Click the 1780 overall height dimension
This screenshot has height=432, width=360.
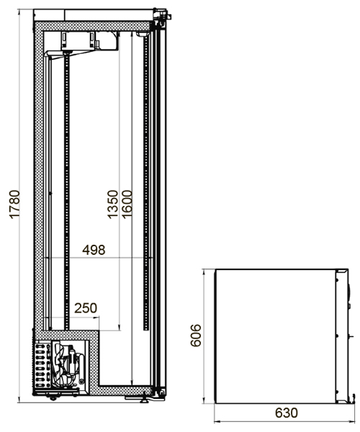14,204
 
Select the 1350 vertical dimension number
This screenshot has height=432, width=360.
112,204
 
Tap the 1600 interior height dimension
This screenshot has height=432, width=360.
127,204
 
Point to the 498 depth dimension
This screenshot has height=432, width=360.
94,250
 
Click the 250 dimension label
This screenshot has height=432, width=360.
86,308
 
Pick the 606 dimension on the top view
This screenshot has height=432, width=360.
196,336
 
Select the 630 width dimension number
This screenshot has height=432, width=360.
287,413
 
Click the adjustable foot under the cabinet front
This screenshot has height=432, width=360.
144,399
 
